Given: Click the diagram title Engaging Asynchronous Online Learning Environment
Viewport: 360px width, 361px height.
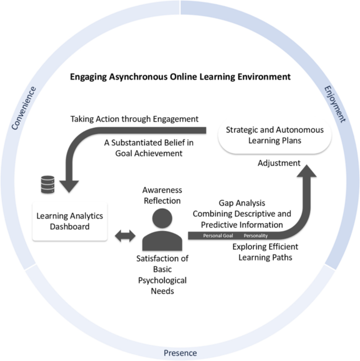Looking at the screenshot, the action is pyautogui.click(x=180, y=77).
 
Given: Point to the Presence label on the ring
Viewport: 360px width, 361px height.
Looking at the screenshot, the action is pyautogui.click(x=180, y=352).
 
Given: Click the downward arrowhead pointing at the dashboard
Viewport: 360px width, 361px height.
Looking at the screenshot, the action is pyautogui.click(x=70, y=185).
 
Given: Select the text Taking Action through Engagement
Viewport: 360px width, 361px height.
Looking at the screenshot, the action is pyautogui.click(x=135, y=118).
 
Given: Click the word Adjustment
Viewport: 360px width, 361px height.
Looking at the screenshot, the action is pyautogui.click(x=279, y=163).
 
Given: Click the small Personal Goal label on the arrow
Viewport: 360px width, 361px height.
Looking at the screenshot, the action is pyautogui.click(x=218, y=235).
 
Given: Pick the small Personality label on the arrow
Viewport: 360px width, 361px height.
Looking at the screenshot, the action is pyautogui.click(x=255, y=235).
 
